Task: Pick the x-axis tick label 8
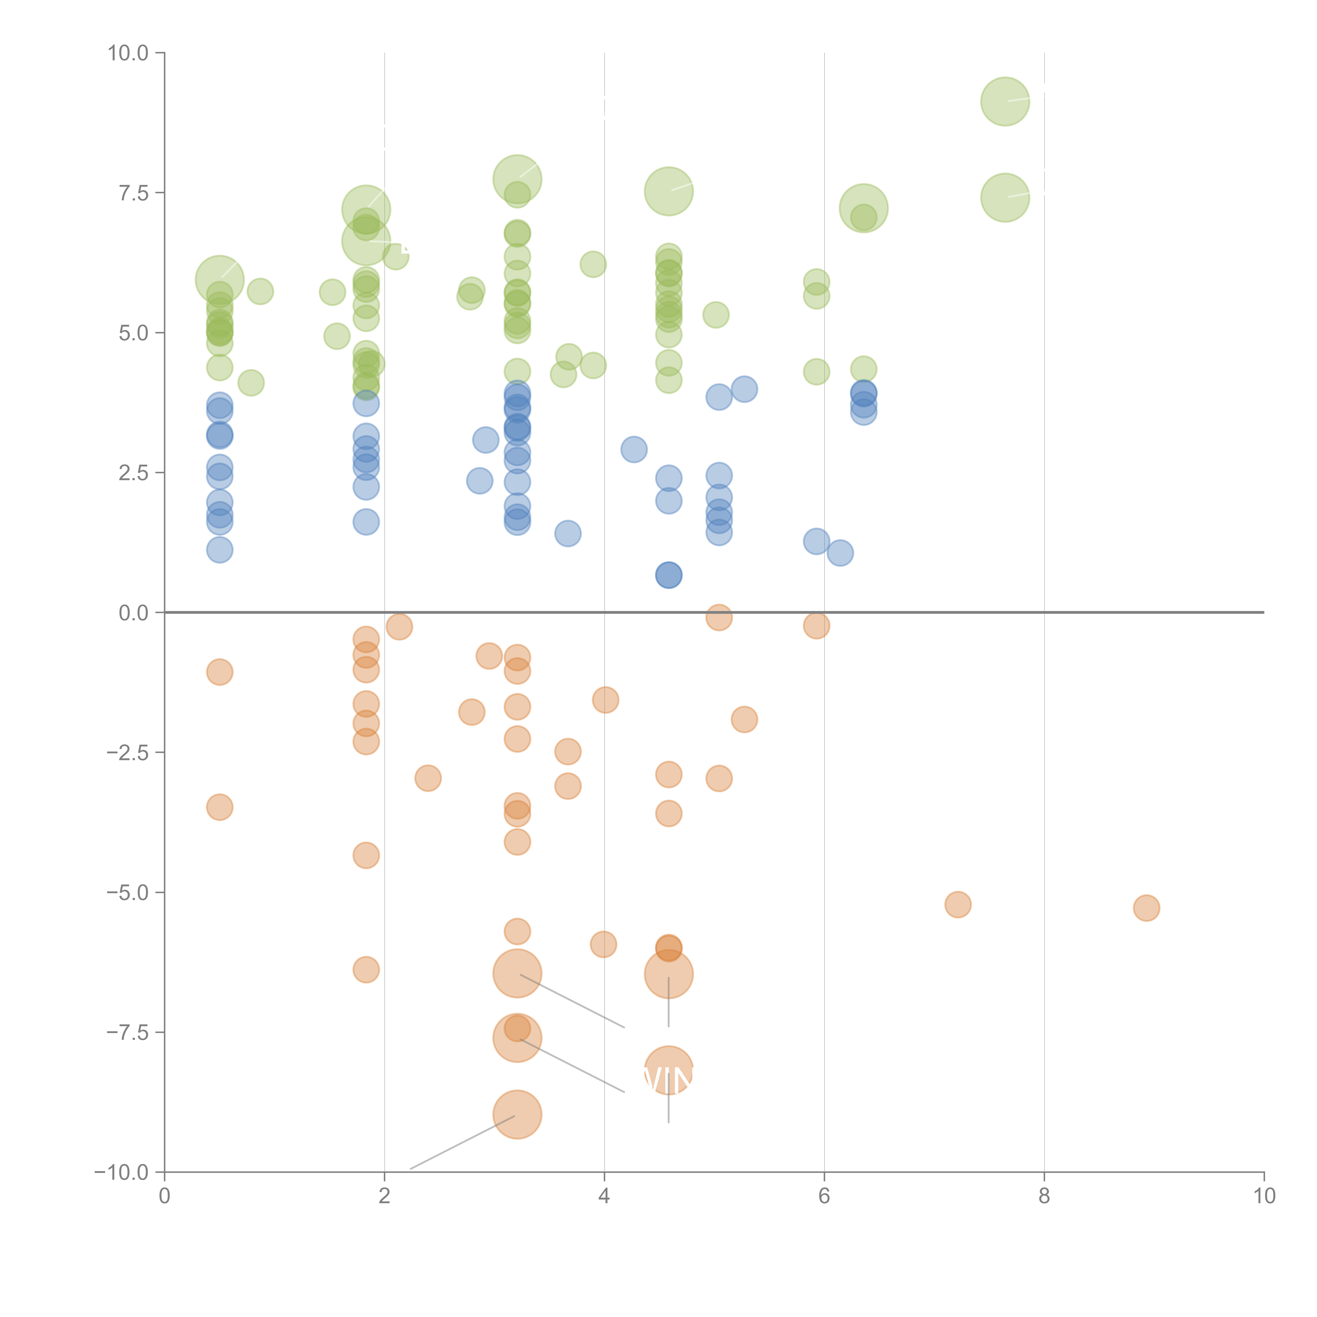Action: point(1044,1196)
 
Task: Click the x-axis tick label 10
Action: point(1264,1196)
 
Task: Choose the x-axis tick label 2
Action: point(385,1196)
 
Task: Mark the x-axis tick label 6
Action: point(824,1196)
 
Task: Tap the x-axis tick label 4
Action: point(604,1196)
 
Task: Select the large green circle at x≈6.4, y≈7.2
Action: point(864,208)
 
